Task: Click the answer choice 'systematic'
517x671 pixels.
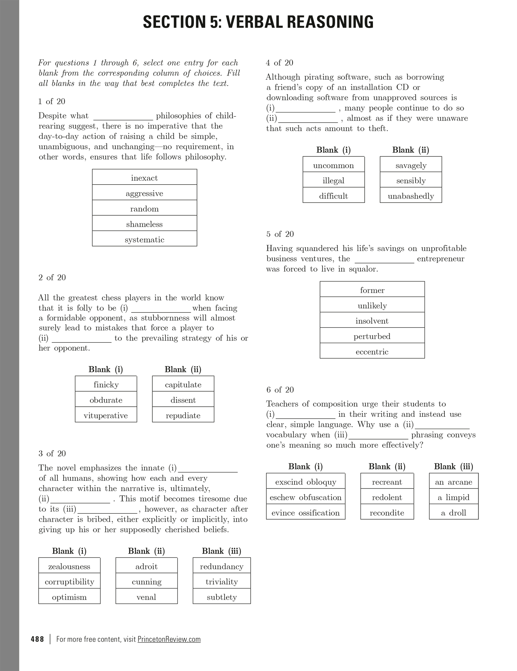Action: tap(144, 240)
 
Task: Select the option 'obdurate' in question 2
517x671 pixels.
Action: tap(106, 400)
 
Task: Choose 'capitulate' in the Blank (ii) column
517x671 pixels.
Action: tap(183, 385)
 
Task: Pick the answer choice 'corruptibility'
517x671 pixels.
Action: tap(69, 582)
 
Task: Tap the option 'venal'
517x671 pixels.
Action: tap(146, 597)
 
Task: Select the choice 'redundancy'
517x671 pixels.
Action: tap(222, 566)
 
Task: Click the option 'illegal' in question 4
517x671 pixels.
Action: tap(334, 181)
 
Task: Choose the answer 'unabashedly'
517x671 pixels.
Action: tap(411, 196)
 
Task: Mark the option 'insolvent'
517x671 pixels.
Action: tap(372, 321)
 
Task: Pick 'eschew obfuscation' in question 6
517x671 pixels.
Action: tap(305, 497)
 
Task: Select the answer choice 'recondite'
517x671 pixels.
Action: tap(387, 513)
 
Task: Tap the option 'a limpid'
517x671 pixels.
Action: tap(454, 497)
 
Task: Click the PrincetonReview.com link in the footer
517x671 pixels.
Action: tap(169, 639)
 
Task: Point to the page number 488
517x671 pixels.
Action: tap(38, 639)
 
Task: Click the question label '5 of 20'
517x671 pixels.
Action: tap(280, 234)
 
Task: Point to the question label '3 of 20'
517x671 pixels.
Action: tap(52, 453)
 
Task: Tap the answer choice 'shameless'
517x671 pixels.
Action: tap(144, 224)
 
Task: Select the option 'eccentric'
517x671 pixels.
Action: tap(372, 352)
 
